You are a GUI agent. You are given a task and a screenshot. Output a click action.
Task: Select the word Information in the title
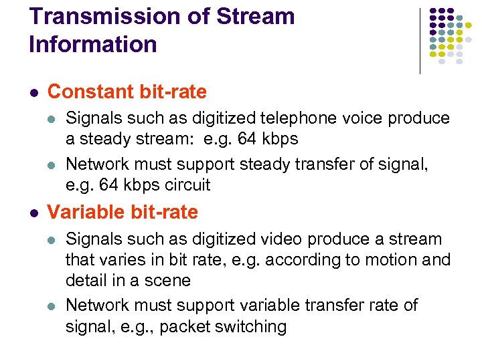coord(93,45)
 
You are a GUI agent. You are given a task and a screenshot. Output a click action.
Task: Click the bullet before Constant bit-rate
coord(33,92)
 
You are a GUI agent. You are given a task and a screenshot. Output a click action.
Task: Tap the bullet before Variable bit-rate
coord(33,213)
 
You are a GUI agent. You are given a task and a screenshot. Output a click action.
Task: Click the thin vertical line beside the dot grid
coord(420,40)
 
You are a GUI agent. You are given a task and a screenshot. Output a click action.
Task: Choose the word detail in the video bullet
coord(85,280)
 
